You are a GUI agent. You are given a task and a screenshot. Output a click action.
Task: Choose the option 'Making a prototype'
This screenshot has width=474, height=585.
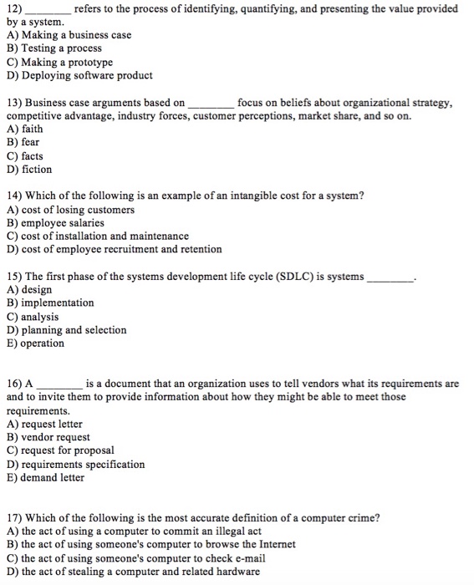tap(64, 63)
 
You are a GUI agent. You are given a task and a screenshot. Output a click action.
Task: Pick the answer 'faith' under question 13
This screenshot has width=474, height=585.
tap(30, 130)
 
